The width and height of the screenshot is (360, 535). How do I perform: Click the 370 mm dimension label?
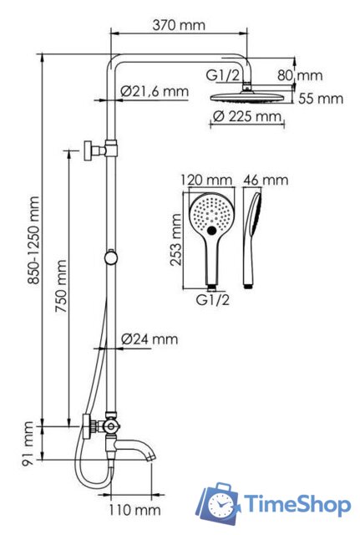click(x=179, y=25)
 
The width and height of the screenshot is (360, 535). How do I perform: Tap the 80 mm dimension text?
click(x=300, y=75)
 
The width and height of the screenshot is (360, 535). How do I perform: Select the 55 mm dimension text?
click(x=321, y=99)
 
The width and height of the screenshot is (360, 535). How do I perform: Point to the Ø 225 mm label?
click(x=247, y=116)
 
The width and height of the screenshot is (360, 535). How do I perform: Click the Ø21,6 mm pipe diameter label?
click(x=155, y=91)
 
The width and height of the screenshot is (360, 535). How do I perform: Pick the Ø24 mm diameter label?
click(x=150, y=339)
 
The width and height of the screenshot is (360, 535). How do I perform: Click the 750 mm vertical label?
click(x=61, y=286)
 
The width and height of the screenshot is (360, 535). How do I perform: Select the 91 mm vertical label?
click(x=28, y=444)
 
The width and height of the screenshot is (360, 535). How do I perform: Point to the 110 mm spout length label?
click(x=134, y=510)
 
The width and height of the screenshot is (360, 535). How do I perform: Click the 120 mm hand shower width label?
click(x=206, y=180)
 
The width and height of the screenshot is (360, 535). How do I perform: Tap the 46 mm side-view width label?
click(x=266, y=180)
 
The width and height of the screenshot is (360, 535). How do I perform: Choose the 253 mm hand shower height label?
click(x=176, y=240)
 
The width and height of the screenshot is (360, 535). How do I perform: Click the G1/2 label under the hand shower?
click(x=213, y=300)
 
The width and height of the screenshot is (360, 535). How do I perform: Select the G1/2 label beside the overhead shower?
click(x=223, y=75)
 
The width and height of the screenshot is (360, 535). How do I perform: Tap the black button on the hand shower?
click(x=211, y=231)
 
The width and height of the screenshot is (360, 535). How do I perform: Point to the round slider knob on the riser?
click(x=111, y=257)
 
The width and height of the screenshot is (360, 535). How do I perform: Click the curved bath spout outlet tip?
click(x=152, y=457)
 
